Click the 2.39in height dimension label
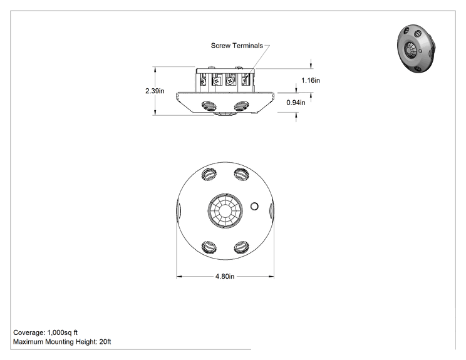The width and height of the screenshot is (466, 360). tap(155, 91)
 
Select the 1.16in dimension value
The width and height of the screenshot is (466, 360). tap(311, 80)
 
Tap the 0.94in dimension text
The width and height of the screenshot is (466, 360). tap(296, 103)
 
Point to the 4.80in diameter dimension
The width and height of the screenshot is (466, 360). tap(225, 277)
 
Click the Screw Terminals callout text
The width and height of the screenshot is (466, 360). tap(237, 46)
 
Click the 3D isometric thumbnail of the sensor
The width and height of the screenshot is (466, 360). tap(416, 49)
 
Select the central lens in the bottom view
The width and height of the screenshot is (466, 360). tap(225, 210)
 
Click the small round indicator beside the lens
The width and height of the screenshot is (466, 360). tap(254, 206)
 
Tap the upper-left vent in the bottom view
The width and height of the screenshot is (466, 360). tap(209, 174)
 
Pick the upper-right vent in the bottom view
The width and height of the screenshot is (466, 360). tap(241, 174)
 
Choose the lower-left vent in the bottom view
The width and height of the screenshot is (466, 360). tap(209, 247)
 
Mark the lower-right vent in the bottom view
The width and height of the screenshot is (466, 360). tap(241, 247)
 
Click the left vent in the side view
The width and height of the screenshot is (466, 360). tap(209, 106)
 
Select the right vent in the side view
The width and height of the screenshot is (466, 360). tap(241, 106)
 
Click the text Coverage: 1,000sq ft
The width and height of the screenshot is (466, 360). tap(46, 332)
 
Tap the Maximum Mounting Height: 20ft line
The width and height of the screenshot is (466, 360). tap(62, 342)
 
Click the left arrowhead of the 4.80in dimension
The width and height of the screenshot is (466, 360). tap(179, 277)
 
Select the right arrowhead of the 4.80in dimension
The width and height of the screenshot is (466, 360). tap(271, 277)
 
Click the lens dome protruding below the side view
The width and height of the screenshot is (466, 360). tap(225, 114)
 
